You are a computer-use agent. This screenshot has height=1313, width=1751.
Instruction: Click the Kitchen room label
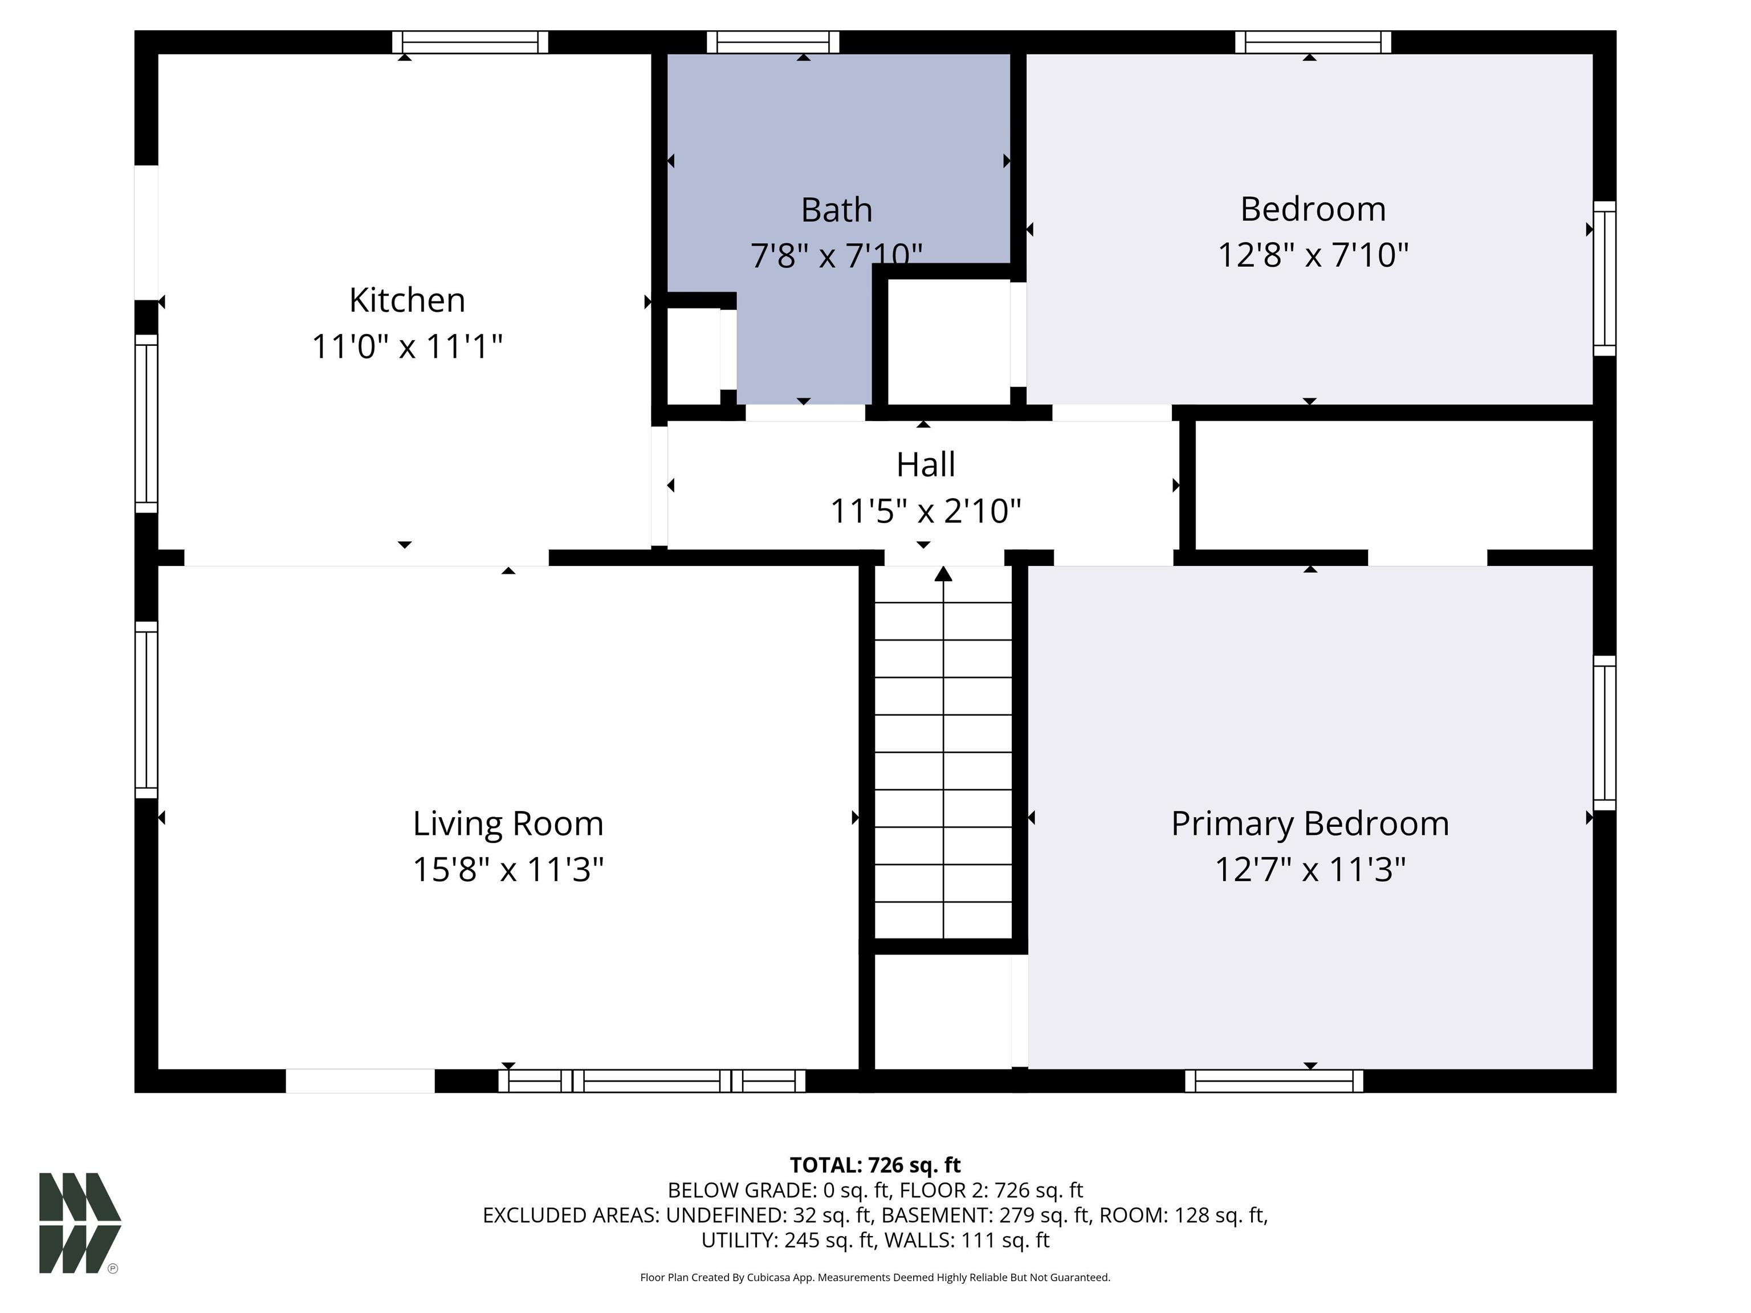[407, 300]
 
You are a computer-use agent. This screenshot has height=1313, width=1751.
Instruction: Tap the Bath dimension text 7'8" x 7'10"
[836, 255]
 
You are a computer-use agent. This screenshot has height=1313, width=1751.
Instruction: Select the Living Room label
[508, 824]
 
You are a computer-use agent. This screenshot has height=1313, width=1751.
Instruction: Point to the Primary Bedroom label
[1310, 824]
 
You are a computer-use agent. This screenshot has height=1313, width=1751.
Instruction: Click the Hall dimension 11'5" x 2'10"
[925, 511]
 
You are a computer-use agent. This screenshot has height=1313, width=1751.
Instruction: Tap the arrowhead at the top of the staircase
[943, 574]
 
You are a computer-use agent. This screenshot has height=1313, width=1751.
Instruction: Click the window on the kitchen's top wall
[470, 42]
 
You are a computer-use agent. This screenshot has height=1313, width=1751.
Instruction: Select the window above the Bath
[772, 42]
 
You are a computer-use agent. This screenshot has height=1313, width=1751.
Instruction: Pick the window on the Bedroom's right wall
[1605, 279]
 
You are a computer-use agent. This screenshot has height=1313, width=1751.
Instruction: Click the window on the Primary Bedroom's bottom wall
[1274, 1081]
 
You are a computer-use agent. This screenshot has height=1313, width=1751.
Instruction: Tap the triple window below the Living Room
[651, 1081]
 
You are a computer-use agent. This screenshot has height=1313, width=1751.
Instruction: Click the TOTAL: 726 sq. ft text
[875, 1165]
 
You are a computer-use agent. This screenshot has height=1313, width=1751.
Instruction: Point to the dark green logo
[80, 1223]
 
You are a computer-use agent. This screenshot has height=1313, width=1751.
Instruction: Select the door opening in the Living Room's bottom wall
[360, 1081]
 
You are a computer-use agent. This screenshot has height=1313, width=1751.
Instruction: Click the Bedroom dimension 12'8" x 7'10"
[1313, 255]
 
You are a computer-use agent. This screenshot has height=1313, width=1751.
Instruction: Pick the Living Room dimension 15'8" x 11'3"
[508, 869]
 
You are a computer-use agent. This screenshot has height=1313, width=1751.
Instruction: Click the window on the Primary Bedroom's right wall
[1605, 733]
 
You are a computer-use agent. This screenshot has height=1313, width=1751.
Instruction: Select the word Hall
[925, 464]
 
